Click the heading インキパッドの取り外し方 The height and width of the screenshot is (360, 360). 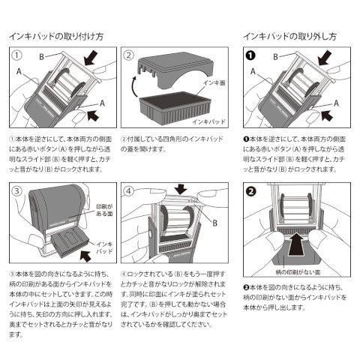[292, 35]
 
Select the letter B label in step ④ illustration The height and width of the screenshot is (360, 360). [217, 223]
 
